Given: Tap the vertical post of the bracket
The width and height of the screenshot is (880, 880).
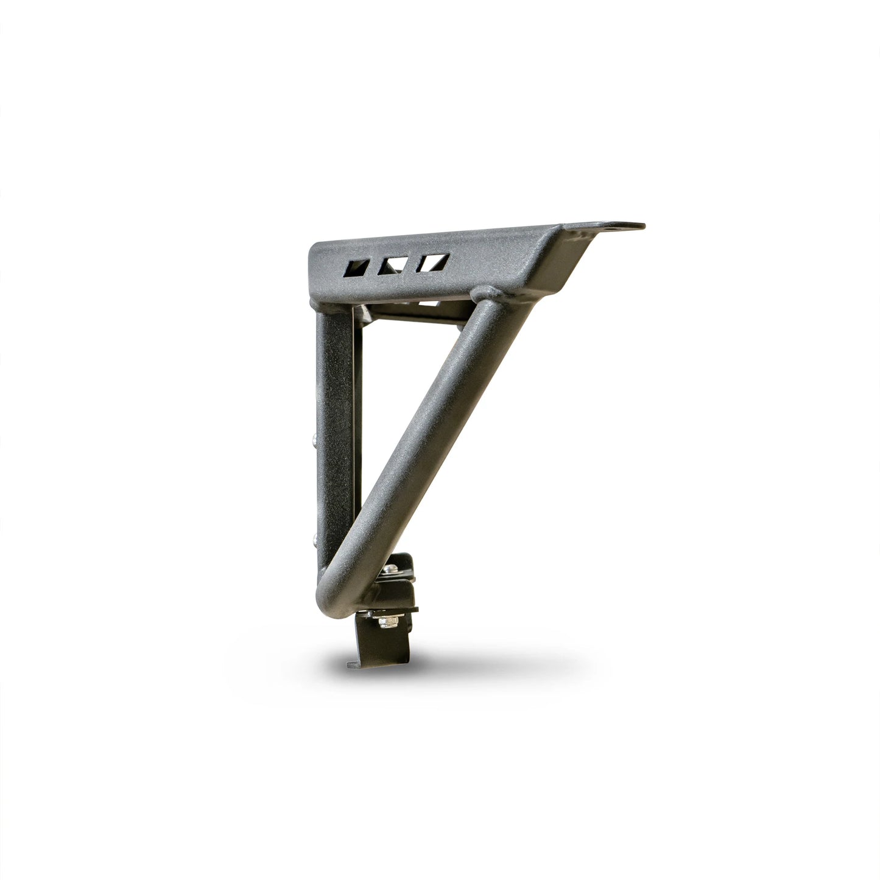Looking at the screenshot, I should point(333,426).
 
